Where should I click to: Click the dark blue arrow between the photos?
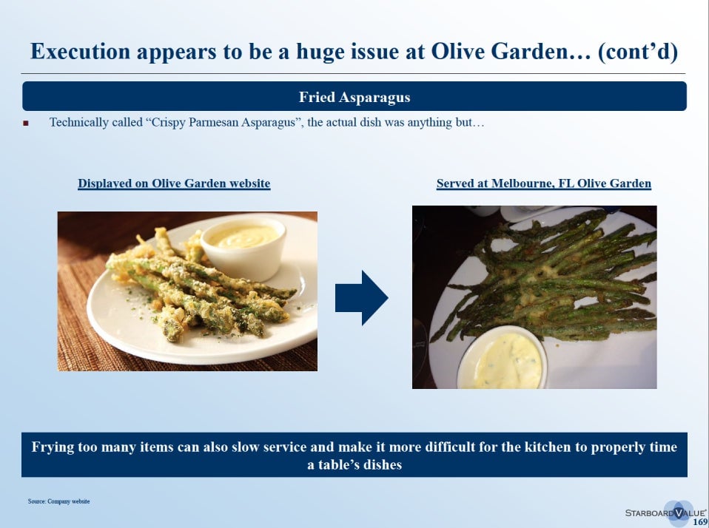click(361, 298)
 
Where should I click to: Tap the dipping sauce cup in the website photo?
click(243, 248)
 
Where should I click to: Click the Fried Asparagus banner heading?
click(354, 97)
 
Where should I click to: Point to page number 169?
click(700, 521)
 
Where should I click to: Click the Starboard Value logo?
click(665, 512)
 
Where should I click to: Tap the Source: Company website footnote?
click(58, 501)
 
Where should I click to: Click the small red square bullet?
click(26, 123)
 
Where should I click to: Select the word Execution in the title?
click(80, 51)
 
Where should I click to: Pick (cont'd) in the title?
click(637, 52)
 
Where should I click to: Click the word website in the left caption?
click(249, 183)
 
